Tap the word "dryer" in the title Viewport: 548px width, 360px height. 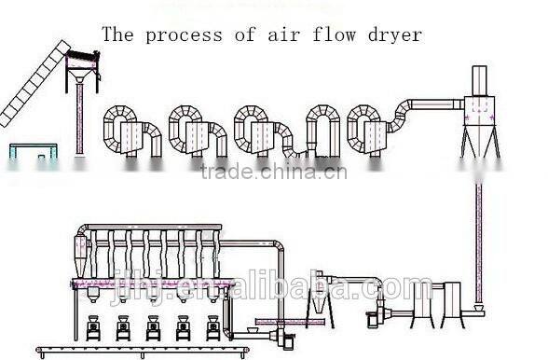click(395, 35)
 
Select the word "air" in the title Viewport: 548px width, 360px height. click(281, 35)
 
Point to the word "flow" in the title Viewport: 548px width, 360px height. click(334, 35)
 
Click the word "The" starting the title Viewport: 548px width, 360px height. click(117, 35)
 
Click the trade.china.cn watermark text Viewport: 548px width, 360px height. click(273, 172)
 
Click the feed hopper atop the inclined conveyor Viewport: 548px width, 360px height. click(83, 65)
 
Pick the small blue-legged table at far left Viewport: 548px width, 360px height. click(31, 152)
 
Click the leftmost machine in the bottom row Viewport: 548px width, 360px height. click(94, 327)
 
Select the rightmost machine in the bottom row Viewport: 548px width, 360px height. click(213, 327)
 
